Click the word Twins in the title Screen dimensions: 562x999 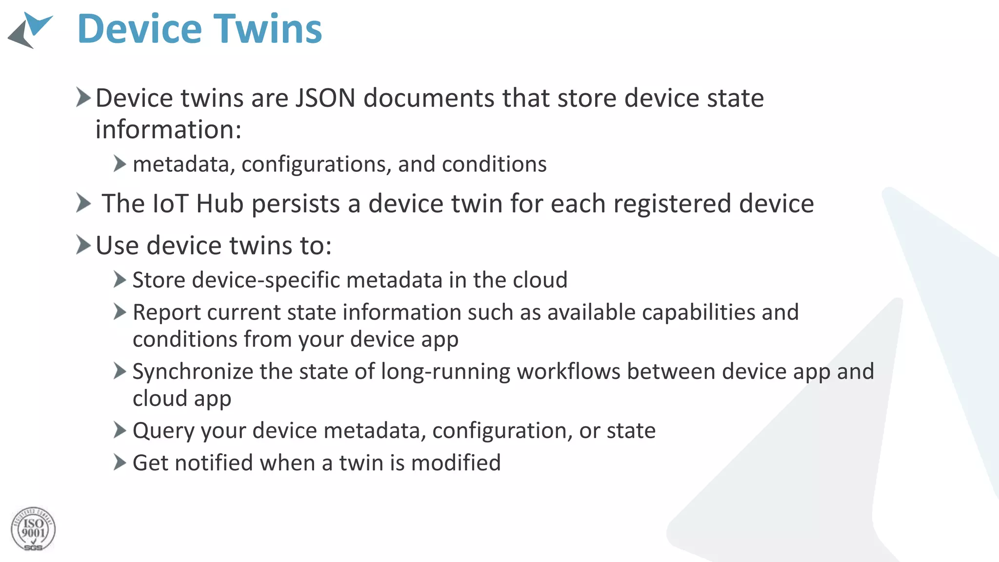click(268, 29)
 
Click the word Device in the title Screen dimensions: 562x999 click(140, 29)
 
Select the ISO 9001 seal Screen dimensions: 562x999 click(33, 529)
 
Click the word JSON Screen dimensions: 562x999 click(325, 98)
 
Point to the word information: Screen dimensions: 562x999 click(168, 130)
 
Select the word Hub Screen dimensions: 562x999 click(220, 203)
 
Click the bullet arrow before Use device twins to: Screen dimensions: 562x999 click(83, 244)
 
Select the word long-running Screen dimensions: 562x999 click(446, 372)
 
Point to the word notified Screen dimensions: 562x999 click(214, 463)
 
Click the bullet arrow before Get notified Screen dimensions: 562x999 click(120, 462)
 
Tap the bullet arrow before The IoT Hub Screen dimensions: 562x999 click(83, 203)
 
